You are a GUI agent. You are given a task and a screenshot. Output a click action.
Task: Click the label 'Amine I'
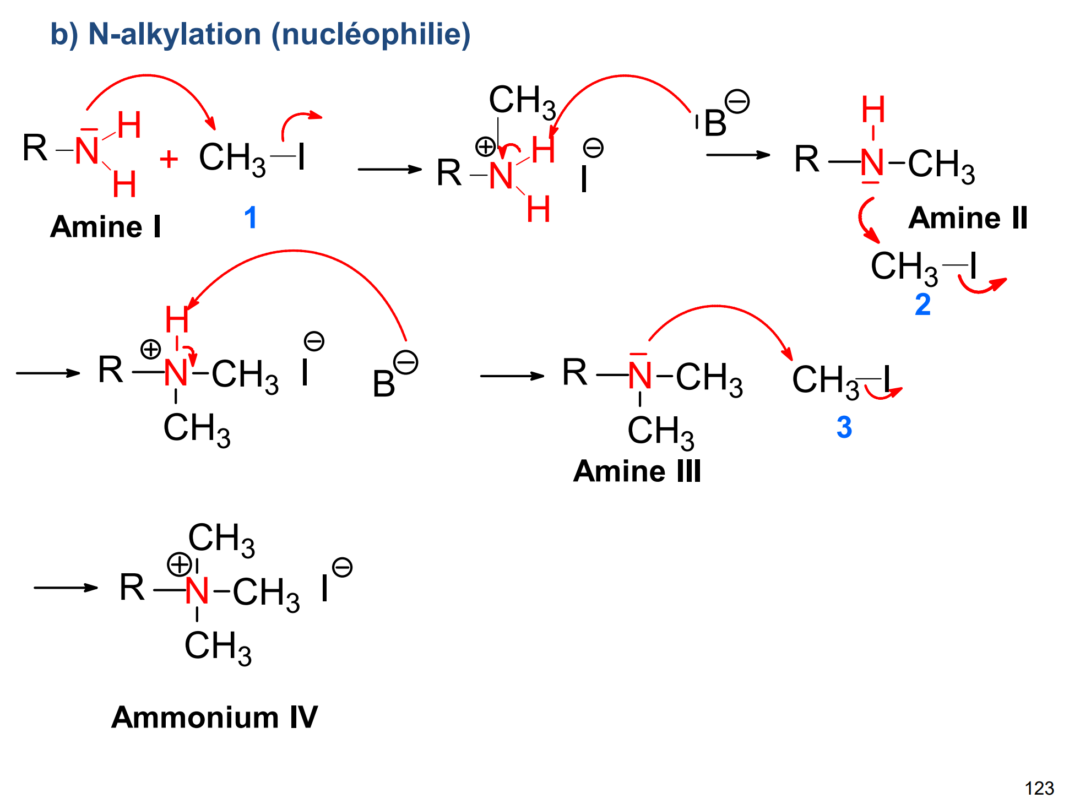tap(105, 226)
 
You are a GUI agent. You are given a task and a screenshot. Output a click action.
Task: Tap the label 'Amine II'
tap(968, 218)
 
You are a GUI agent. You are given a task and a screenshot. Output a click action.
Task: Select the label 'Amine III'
tap(637, 471)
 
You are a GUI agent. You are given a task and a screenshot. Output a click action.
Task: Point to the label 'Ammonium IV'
tap(214, 717)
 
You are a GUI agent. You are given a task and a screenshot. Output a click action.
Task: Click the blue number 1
tap(251, 217)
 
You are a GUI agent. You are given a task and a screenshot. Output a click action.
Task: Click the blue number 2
tap(922, 304)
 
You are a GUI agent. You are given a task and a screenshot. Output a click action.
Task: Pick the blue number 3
tap(844, 427)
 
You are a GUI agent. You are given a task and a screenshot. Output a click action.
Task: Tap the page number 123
tap(1039, 788)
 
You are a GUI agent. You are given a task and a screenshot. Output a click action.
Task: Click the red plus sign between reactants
tap(169, 160)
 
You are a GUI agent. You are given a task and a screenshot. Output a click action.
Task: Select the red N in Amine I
tap(87, 150)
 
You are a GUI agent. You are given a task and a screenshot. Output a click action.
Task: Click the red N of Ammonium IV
tap(197, 591)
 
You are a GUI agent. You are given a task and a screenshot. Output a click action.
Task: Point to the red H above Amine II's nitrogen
tap(873, 109)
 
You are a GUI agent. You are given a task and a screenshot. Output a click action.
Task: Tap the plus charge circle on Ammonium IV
tap(179, 564)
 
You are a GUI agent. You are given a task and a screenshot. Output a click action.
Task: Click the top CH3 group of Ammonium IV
tap(221, 538)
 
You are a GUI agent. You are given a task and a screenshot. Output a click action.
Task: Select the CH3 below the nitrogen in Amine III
tap(660, 431)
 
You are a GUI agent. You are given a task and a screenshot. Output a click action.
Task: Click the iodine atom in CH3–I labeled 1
tap(301, 157)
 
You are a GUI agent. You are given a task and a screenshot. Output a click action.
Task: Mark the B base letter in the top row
tap(715, 123)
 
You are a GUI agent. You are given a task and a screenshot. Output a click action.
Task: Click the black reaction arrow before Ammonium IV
tap(66, 588)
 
